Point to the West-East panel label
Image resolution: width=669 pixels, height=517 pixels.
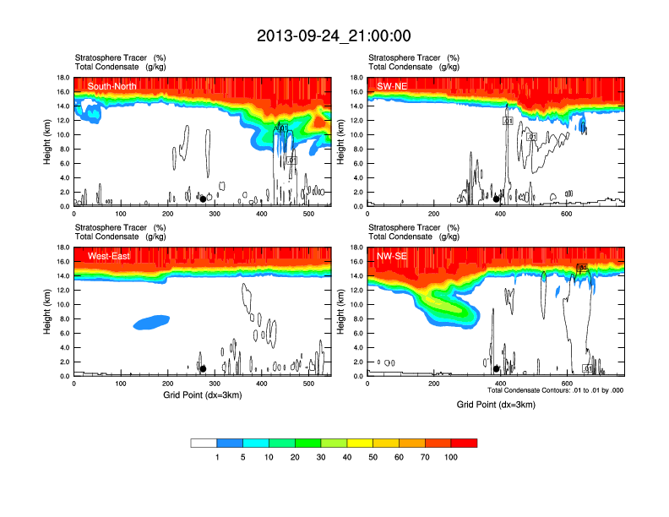[109, 256]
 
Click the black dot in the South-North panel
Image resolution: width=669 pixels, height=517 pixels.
[203, 199]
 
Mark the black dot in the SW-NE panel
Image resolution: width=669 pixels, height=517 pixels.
[497, 199]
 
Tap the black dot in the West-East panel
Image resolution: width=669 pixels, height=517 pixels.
[203, 369]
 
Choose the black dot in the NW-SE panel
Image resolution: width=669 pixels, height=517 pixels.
[497, 369]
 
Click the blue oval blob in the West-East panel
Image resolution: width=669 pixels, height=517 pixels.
[152, 321]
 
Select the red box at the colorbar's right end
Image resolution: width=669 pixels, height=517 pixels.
[464, 443]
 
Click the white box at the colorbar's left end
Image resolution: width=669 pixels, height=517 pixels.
[204, 443]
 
